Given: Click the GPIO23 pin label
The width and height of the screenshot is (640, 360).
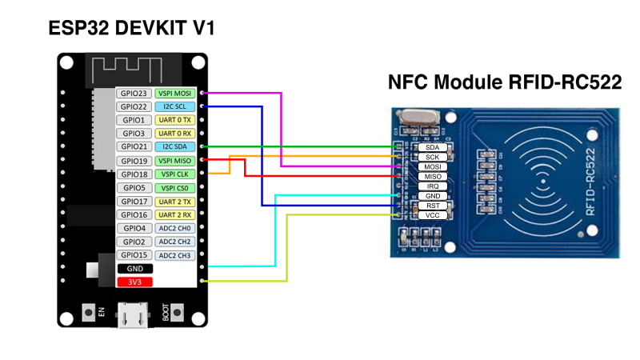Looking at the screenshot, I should coord(133,94).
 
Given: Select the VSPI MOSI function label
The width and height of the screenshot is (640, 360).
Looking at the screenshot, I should coord(175,94).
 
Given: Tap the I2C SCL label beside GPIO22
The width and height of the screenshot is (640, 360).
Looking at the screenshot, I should coord(175,106).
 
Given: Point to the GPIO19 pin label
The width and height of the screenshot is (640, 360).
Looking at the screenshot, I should coord(133,161).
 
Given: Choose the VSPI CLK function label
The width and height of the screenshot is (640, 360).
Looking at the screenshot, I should coord(175,174).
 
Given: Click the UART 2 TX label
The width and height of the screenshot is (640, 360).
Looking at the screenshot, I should coord(175,202).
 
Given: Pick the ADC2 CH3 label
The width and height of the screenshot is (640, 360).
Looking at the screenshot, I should coord(175,255).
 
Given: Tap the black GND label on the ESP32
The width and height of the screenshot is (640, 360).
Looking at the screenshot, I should coord(134,269).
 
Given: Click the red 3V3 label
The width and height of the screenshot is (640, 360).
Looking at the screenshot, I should coord(134,282).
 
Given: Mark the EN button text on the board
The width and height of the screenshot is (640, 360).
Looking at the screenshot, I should coord(102,313).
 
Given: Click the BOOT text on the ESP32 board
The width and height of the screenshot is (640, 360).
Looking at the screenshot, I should coord(166,313).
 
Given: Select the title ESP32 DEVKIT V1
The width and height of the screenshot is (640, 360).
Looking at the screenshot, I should coord(133,29).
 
